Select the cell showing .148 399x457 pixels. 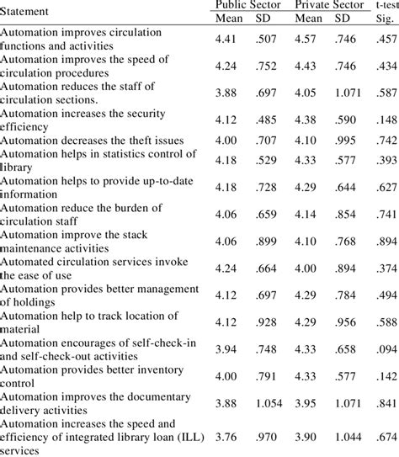pos(386,118)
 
